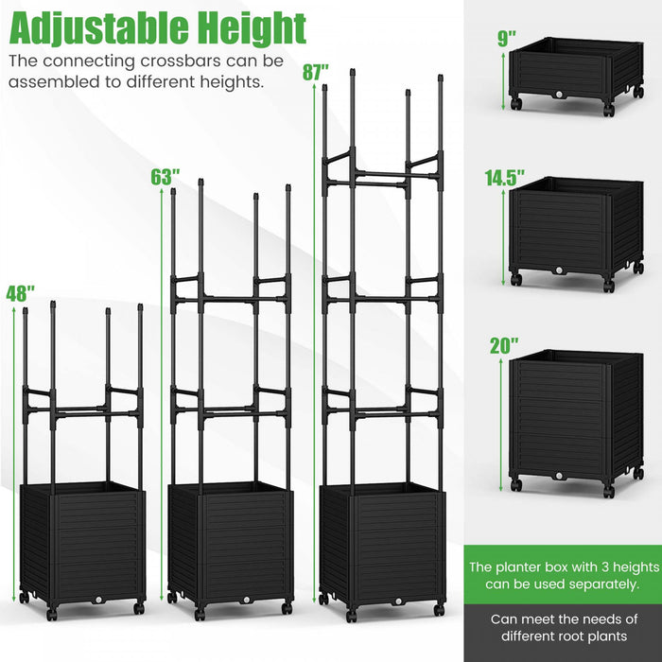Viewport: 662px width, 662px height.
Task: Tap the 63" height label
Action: pos(164,177)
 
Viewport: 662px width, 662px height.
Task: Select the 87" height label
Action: pos(315,71)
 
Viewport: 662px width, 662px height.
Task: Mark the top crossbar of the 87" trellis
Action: pos(383,173)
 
